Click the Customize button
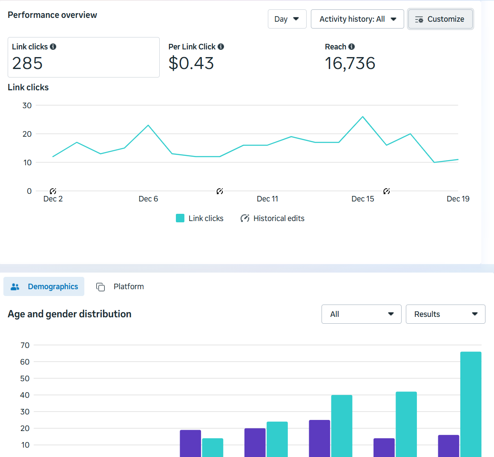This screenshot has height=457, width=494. pyautogui.click(x=440, y=19)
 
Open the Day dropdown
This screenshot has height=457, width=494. pyautogui.click(x=287, y=19)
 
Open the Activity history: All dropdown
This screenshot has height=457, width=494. pyautogui.click(x=357, y=19)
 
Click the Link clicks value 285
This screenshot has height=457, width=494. pyautogui.click(x=28, y=63)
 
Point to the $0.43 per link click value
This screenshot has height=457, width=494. pyautogui.click(x=191, y=63)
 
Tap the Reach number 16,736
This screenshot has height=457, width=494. pyautogui.click(x=350, y=63)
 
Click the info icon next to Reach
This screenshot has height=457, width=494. pyautogui.click(x=351, y=47)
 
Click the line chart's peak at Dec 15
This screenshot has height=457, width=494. pyautogui.click(x=362, y=117)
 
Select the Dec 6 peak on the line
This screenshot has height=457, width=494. pyautogui.click(x=148, y=125)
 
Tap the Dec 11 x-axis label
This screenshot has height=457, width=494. pyautogui.click(x=267, y=199)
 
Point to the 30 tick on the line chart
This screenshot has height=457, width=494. pyautogui.click(x=27, y=106)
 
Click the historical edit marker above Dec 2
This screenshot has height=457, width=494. pyautogui.click(x=53, y=191)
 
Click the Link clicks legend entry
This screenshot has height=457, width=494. pyautogui.click(x=200, y=218)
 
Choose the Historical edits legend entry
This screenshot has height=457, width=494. pyautogui.click(x=273, y=218)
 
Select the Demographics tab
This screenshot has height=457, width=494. pyautogui.click(x=44, y=287)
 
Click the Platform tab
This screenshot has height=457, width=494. pyautogui.click(x=121, y=287)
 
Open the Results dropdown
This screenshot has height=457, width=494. pyautogui.click(x=445, y=314)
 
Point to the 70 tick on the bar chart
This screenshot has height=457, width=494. pyautogui.click(x=25, y=345)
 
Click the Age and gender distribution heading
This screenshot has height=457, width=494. pyautogui.click(x=69, y=314)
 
